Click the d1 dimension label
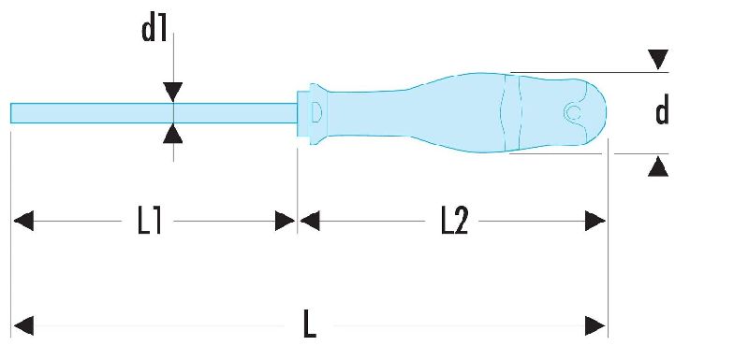pos(154,30)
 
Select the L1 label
pos(150,221)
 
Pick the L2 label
pos(454,221)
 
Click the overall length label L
pos(310,324)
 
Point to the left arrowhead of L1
pos(23,221)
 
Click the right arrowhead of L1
pos(285,221)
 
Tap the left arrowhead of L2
pos(309,221)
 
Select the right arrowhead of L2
pos(595,221)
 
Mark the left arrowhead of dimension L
pos(23,325)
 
